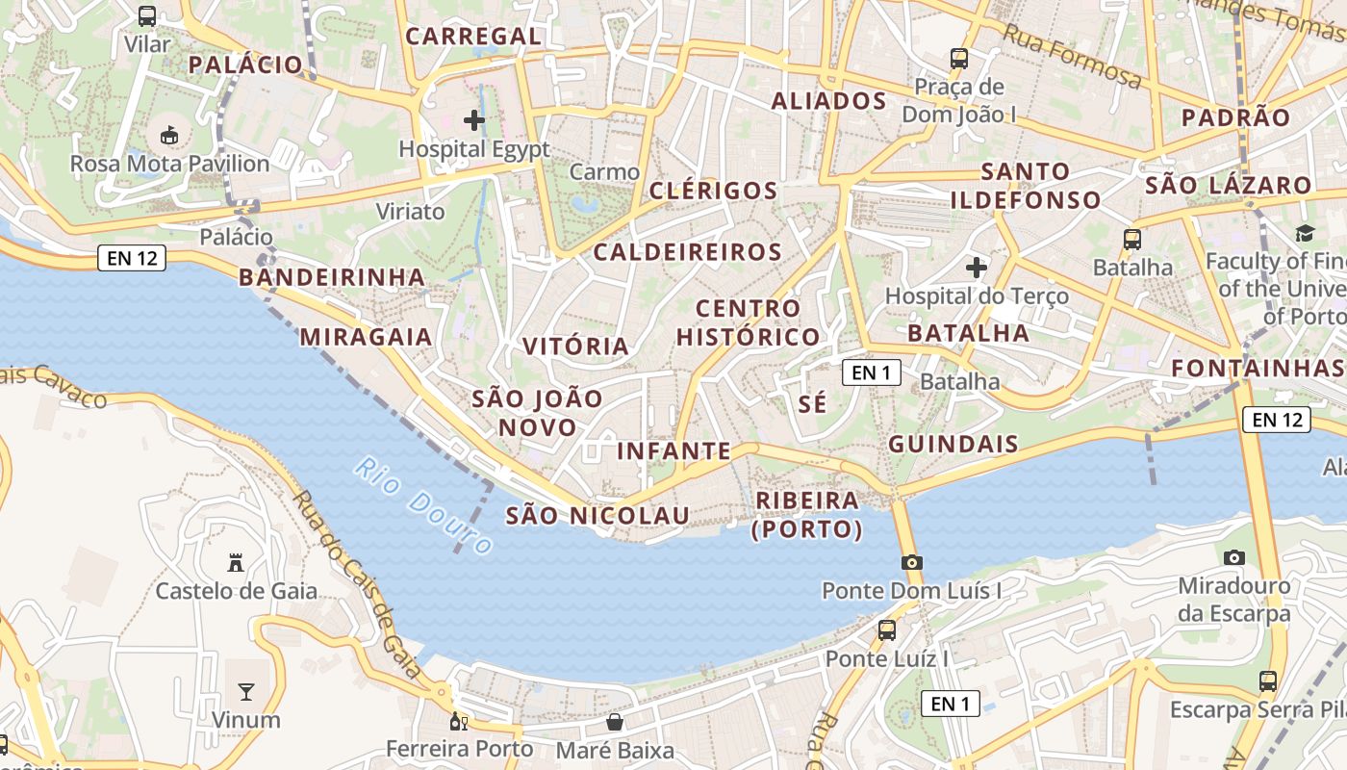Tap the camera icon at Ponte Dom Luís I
click(x=911, y=562)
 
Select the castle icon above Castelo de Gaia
click(x=236, y=562)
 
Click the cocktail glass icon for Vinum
click(x=246, y=691)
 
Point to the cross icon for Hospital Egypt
click(x=474, y=120)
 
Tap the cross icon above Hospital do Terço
click(x=977, y=267)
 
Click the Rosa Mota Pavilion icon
click(x=169, y=135)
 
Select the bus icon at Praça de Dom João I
click(x=958, y=58)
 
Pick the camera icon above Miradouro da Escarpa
click(x=1233, y=557)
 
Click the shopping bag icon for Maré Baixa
click(x=615, y=722)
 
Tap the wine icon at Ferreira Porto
click(x=459, y=721)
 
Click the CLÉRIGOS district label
click(x=713, y=191)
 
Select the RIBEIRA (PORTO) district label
click(x=807, y=515)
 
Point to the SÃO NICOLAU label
click(x=597, y=516)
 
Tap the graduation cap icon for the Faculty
click(x=1305, y=233)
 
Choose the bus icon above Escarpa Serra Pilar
click(x=1268, y=681)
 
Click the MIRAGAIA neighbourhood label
click(x=366, y=337)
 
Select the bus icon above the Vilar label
click(x=147, y=16)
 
